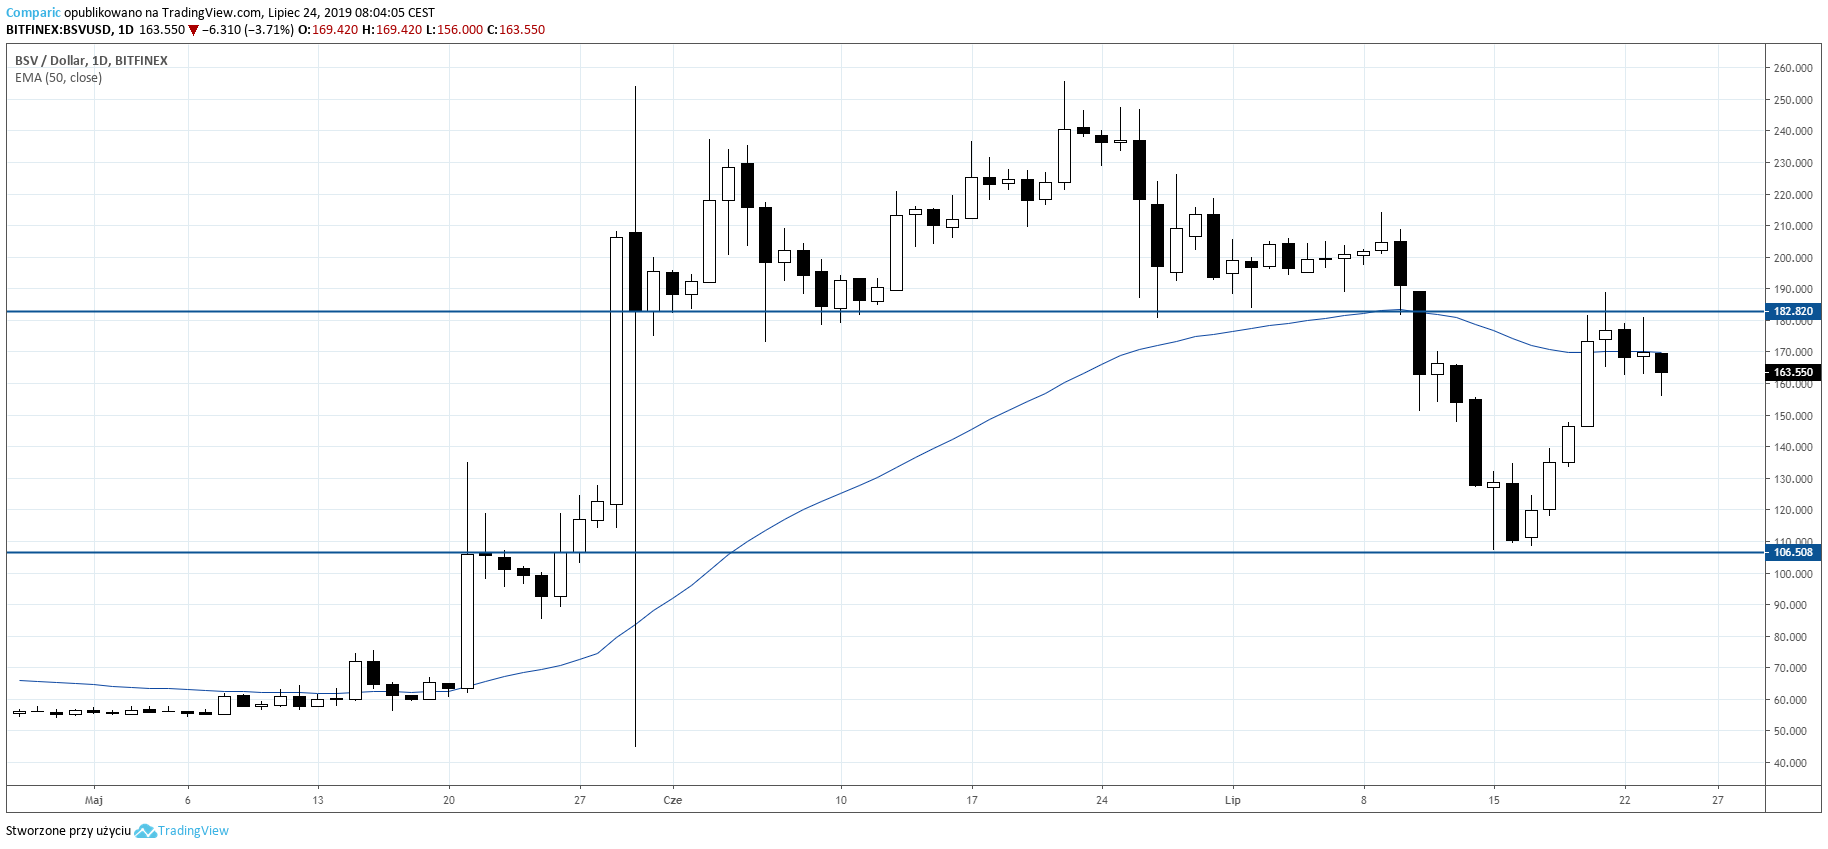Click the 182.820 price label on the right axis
(x=1793, y=312)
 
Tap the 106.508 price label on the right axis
(x=1793, y=552)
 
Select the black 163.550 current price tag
(x=1793, y=372)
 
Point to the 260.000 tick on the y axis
(x=1793, y=68)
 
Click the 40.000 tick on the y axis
(x=1793, y=763)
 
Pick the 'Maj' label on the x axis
(x=94, y=800)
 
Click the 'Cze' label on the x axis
(x=673, y=800)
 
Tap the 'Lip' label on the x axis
(x=1233, y=800)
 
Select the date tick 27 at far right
(x=1718, y=800)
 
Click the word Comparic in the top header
(x=33, y=13)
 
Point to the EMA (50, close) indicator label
(x=58, y=78)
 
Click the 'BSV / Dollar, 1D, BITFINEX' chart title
(x=91, y=61)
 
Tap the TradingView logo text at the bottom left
(x=193, y=831)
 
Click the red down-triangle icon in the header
(x=194, y=30)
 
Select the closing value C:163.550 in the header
(x=515, y=30)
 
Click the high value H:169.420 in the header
(x=392, y=30)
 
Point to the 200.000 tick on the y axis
(x=1793, y=258)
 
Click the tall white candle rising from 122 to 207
(x=617, y=370)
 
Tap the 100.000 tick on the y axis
(x=1793, y=574)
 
